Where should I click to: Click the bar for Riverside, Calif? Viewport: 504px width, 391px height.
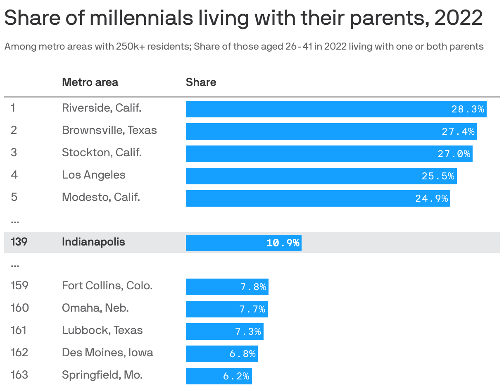[x=336, y=109]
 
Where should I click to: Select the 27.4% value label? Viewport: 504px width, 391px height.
[x=458, y=132]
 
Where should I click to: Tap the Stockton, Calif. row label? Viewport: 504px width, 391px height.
[x=102, y=153]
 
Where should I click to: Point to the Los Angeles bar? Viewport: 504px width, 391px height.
[x=321, y=176]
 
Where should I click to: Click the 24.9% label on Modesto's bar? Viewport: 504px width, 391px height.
[x=431, y=199]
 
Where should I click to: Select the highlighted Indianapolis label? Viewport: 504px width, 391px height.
[x=93, y=242]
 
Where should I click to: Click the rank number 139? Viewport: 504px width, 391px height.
[x=19, y=242]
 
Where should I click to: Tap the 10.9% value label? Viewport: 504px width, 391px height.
[x=283, y=243]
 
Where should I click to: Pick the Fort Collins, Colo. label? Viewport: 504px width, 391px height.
[x=107, y=286]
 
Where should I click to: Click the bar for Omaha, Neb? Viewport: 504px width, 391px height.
[x=226, y=309]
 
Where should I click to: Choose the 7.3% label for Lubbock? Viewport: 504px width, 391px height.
[x=248, y=332]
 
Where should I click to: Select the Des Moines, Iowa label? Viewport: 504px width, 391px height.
[x=107, y=353]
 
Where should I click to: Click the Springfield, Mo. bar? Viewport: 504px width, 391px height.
[x=219, y=376]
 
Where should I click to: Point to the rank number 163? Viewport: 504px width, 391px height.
[x=19, y=375]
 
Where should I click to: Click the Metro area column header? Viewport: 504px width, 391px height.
[x=90, y=82]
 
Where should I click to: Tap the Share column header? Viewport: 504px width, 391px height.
[x=201, y=82]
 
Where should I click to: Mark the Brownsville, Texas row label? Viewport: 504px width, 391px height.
[x=109, y=130]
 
